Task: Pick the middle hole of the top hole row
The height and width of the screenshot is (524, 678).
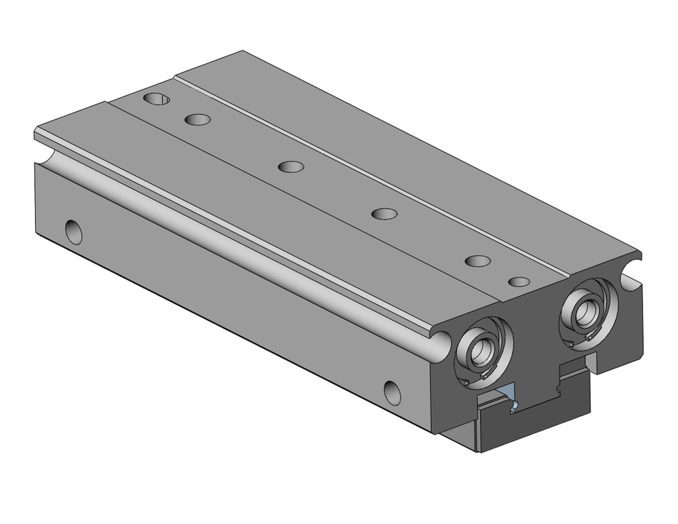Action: coord(291,166)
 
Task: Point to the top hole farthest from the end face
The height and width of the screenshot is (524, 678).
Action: coord(157,99)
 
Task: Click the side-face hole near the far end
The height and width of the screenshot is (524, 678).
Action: coord(73,231)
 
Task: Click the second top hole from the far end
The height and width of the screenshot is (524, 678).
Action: coord(197,119)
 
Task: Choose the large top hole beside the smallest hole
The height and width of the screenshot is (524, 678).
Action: coord(478,261)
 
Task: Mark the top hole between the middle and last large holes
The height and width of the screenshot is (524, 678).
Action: coord(384,214)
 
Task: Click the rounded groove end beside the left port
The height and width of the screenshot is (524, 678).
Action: coord(439,343)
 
